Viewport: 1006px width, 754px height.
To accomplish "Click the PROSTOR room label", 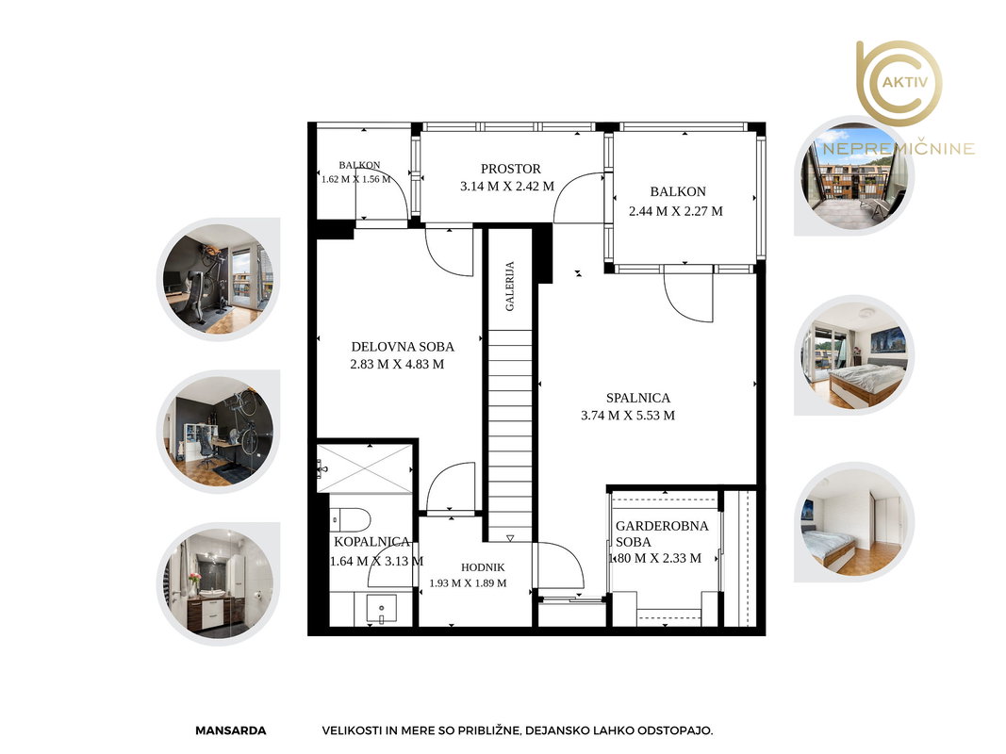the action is pyautogui.click(x=511, y=169).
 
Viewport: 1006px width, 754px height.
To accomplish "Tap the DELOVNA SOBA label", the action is pyautogui.click(x=403, y=347).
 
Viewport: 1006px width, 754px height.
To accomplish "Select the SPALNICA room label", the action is pyautogui.click(x=637, y=398).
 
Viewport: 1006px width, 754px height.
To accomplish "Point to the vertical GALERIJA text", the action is pyautogui.click(x=510, y=286).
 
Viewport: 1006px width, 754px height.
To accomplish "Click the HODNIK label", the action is pyautogui.click(x=483, y=567).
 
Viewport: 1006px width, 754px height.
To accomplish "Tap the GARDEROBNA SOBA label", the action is pyautogui.click(x=662, y=533).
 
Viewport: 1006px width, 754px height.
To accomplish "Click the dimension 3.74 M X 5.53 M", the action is pyautogui.click(x=628, y=416).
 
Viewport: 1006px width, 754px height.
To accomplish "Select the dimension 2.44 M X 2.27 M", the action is pyautogui.click(x=676, y=211).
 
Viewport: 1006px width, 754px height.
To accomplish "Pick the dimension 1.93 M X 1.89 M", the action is pyautogui.click(x=468, y=583).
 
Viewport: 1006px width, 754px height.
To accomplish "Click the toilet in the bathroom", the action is pyautogui.click(x=351, y=518).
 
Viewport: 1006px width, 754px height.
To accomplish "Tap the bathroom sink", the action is pyautogui.click(x=381, y=609).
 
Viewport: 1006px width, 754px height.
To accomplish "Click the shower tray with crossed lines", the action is pyautogui.click(x=365, y=469).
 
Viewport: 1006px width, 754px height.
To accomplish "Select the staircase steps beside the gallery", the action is pyautogui.click(x=511, y=436).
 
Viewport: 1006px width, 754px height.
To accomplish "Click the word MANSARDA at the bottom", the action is pyautogui.click(x=230, y=730).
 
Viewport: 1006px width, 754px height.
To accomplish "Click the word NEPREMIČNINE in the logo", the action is pyautogui.click(x=899, y=149).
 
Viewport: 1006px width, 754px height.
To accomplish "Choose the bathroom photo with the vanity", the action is pyautogui.click(x=218, y=584).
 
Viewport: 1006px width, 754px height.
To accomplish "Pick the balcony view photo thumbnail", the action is pyautogui.click(x=855, y=175).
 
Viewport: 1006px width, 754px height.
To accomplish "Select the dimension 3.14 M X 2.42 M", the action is pyautogui.click(x=507, y=187).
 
